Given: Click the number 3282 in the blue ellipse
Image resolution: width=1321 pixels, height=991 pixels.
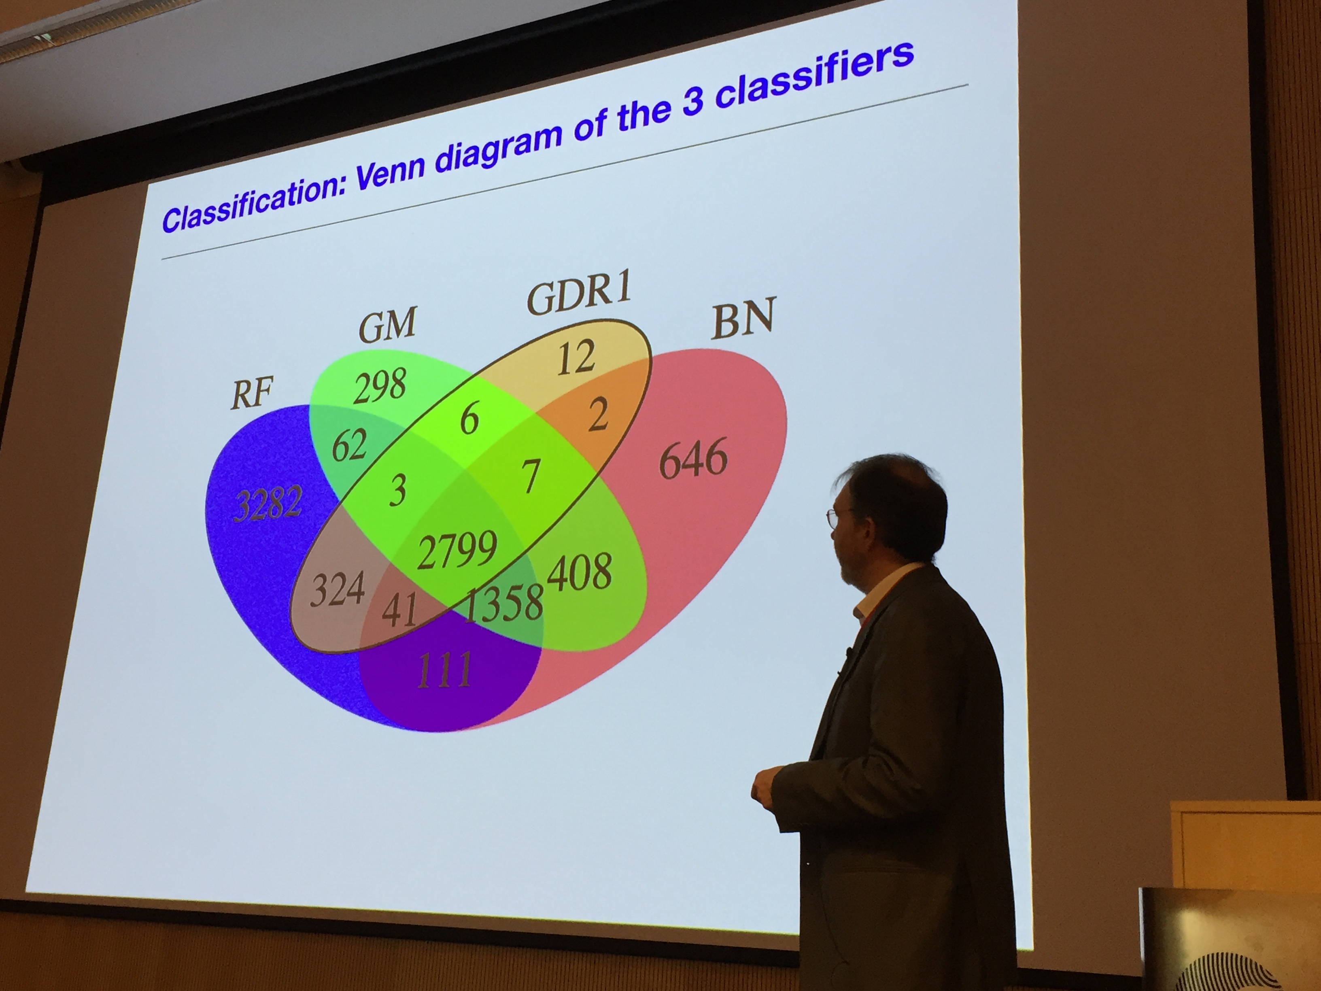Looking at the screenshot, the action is pos(267,504).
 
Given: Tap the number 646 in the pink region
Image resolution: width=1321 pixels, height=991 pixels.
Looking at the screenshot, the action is pos(693,458).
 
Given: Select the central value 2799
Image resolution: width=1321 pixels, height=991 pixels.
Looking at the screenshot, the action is pos(457,550).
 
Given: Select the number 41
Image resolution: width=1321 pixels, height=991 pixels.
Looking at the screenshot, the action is pos(399,609).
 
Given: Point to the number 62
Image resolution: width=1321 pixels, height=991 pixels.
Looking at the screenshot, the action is pos(349,444).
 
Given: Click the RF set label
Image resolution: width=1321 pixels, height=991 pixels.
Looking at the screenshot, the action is pos(252,393).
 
